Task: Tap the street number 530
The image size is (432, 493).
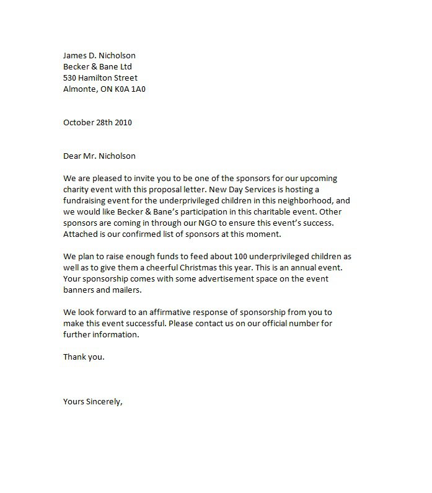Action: (x=71, y=78)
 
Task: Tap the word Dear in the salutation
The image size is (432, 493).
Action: (x=73, y=156)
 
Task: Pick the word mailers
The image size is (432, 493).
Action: (x=126, y=290)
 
